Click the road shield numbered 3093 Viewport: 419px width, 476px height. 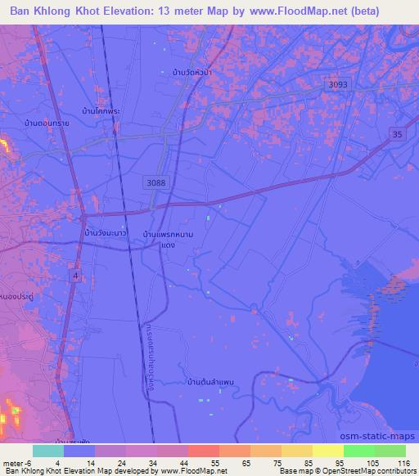click(336, 84)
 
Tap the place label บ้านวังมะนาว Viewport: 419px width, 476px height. click(105, 234)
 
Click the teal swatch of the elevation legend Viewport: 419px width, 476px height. click(48, 451)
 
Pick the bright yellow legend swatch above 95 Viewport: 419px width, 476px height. click(328, 451)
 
